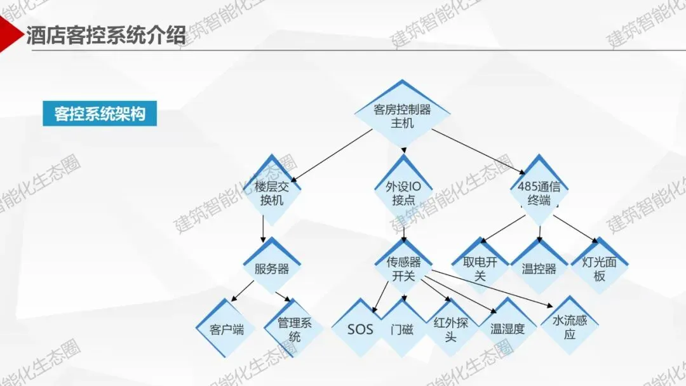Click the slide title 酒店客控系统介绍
click(105, 35)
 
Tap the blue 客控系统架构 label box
click(100, 114)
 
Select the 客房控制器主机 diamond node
click(402, 116)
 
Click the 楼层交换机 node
click(272, 193)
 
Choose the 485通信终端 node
click(539, 193)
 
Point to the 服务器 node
click(272, 269)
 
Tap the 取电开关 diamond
click(480, 269)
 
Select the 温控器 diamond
click(539, 269)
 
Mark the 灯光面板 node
click(597, 269)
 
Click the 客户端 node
click(227, 329)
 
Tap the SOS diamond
click(360, 329)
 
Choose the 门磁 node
click(401, 329)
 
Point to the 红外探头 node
click(450, 329)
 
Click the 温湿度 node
click(508, 329)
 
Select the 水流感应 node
click(570, 326)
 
